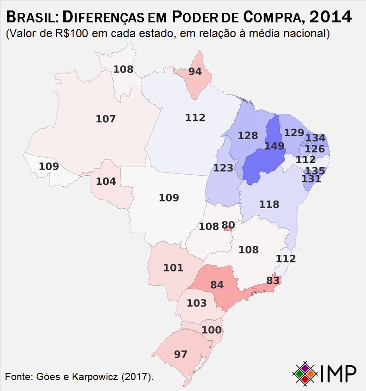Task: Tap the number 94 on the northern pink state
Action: [195, 72]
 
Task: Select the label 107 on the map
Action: [106, 119]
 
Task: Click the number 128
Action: [248, 136]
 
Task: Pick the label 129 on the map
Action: [294, 132]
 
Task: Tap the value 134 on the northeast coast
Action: [315, 138]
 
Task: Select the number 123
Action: [223, 168]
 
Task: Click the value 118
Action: [269, 204]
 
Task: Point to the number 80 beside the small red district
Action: [228, 225]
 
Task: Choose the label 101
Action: [173, 268]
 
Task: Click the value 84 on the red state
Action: [217, 285]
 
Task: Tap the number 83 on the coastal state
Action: [273, 281]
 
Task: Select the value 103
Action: [197, 303]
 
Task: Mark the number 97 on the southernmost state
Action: [181, 354]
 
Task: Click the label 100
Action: [211, 330]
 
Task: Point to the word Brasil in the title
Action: [31, 18]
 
